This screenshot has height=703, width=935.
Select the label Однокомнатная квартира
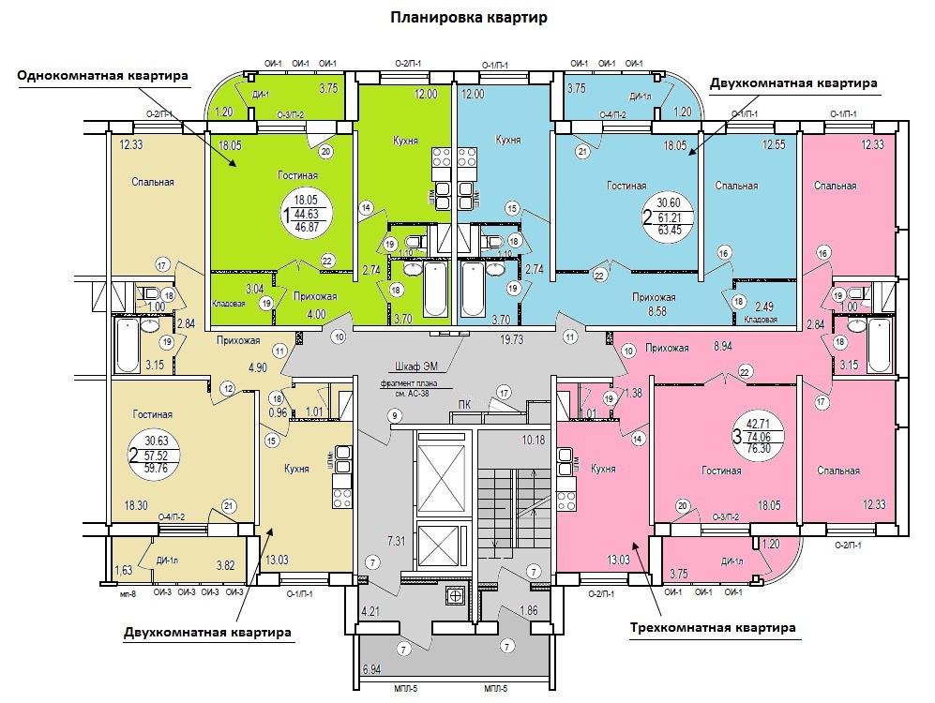(x=103, y=75)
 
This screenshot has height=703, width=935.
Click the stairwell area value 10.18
(x=534, y=440)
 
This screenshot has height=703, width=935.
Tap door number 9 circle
(x=395, y=415)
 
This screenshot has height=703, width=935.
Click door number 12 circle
(x=227, y=387)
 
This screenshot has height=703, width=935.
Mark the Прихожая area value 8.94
(x=722, y=347)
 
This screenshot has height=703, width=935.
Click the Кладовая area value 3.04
(x=227, y=289)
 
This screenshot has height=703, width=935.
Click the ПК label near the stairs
(x=462, y=404)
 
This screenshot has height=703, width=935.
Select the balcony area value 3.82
(x=226, y=565)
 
